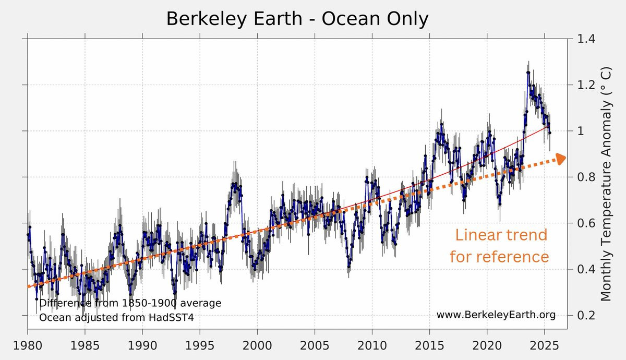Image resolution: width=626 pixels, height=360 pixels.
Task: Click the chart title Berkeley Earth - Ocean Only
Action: point(297,19)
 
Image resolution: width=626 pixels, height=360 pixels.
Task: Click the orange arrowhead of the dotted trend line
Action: point(560,159)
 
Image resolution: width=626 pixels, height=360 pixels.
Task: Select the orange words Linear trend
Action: point(501,235)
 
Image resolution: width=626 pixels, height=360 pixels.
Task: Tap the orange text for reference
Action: point(499,257)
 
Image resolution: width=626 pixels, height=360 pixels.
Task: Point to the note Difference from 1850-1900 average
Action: point(130,303)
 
